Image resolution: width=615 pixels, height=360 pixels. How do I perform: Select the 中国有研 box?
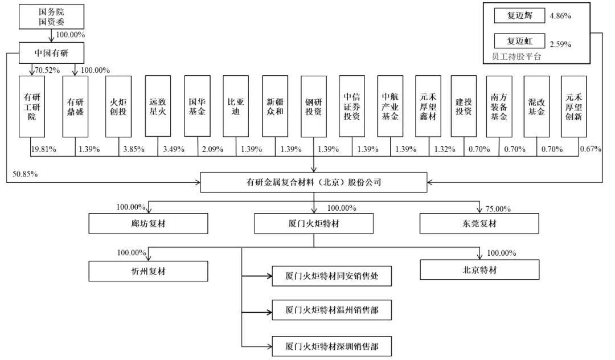click(52, 53)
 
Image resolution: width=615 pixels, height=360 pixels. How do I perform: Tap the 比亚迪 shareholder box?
click(235, 107)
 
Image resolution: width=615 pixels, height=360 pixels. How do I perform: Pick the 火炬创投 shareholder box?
click(118, 107)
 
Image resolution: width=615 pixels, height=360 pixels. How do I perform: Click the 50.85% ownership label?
click(23, 173)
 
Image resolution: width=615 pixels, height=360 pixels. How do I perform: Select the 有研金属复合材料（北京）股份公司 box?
click(314, 183)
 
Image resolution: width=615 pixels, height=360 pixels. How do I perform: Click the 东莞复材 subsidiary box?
click(481, 224)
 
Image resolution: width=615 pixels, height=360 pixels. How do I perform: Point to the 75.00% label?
click(499, 208)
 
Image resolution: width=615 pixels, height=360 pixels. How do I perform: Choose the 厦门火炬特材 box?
click(314, 224)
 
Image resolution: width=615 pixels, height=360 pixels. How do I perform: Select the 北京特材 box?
click(481, 270)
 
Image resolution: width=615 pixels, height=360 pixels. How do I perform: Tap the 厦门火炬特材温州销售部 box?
click(332, 311)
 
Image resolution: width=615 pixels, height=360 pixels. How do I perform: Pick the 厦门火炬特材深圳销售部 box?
click(332, 345)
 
